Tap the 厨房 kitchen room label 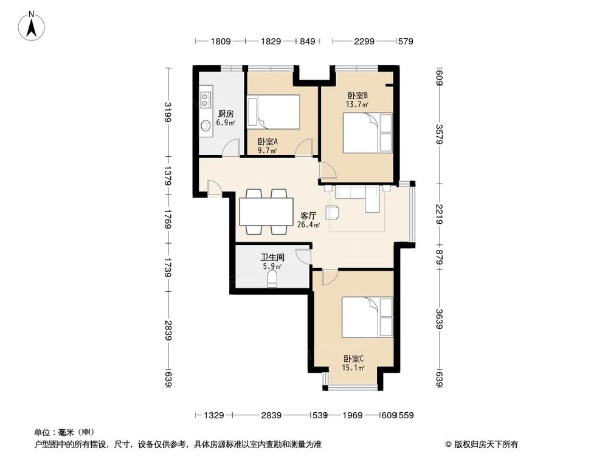pyautogui.click(x=226, y=114)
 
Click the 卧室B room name pyautogui.click(x=358, y=95)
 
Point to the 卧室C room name pyautogui.click(x=353, y=358)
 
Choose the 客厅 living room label pyautogui.click(x=309, y=215)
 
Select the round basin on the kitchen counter pyautogui.click(x=206, y=125)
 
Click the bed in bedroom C pyautogui.click(x=367, y=317)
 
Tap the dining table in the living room pyautogui.click(x=266, y=211)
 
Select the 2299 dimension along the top pyautogui.click(x=364, y=41)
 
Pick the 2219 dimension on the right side pyautogui.click(x=439, y=213)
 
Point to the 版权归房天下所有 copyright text pyautogui.click(x=484, y=443)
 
